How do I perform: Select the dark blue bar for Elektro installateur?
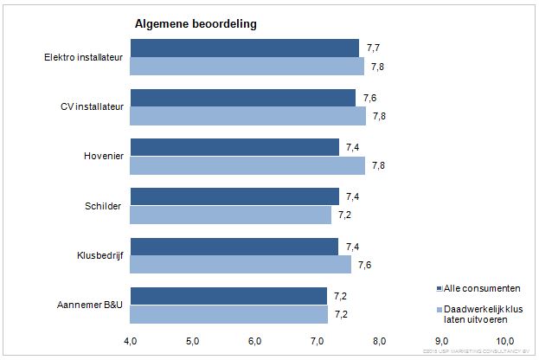[245, 48]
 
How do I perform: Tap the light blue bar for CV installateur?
[248, 116]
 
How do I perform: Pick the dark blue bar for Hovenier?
[234, 148]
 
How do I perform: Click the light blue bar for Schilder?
[231, 215]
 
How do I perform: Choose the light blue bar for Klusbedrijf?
[241, 264]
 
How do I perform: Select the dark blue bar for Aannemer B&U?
[229, 296]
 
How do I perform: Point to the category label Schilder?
[106, 205]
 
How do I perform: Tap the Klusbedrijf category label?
[99, 254]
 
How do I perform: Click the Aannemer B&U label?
[91, 304]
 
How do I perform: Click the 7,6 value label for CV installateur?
[369, 98]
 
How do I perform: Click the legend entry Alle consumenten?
[480, 288]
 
